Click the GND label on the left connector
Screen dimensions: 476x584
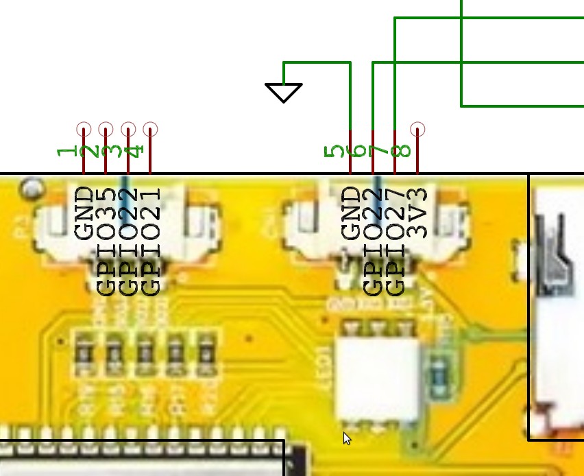click(x=84, y=213)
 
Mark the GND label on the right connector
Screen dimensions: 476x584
click(x=350, y=213)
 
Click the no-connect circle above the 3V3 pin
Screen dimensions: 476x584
click(x=417, y=129)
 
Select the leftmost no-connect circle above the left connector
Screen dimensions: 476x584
click(x=84, y=129)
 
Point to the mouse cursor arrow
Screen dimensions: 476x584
click(x=347, y=438)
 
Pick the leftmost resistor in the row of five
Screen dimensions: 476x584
click(x=84, y=353)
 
